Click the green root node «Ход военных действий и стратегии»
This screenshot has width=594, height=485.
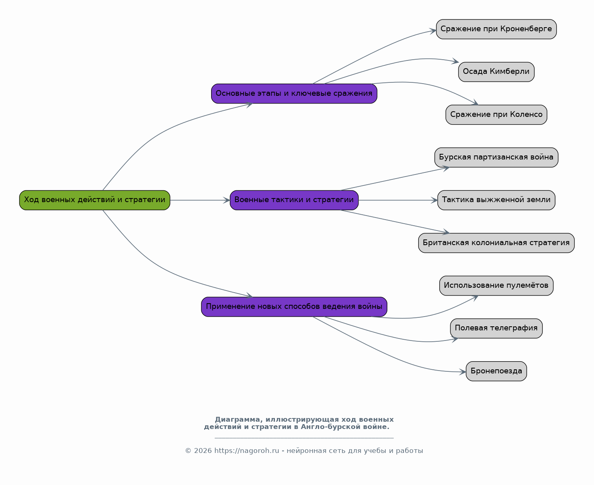(x=95, y=200)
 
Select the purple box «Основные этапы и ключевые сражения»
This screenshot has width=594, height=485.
(x=294, y=93)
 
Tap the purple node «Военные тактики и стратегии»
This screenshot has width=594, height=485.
(x=294, y=200)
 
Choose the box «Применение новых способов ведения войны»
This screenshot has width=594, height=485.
(x=294, y=307)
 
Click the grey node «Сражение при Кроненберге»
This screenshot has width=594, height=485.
(x=496, y=29)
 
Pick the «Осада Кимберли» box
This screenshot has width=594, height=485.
(x=496, y=72)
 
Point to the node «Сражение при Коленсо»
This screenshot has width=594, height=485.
(x=496, y=115)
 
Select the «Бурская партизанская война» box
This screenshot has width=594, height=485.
(x=496, y=157)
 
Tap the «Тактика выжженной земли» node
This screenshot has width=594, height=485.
(x=496, y=200)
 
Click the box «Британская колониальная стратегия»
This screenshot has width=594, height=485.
(x=496, y=243)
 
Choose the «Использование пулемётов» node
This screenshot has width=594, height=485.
(x=496, y=286)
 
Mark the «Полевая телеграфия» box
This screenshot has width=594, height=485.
(x=496, y=328)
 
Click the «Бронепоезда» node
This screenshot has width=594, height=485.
(x=496, y=371)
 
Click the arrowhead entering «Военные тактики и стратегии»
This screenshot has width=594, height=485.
(x=227, y=200)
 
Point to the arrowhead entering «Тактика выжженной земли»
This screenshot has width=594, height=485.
(x=434, y=200)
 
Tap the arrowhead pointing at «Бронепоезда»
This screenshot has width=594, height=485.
(x=463, y=372)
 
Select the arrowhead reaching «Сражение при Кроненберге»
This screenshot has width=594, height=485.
(x=433, y=31)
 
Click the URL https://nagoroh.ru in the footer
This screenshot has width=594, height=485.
(x=247, y=451)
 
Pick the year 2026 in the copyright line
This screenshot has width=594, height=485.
(x=203, y=451)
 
